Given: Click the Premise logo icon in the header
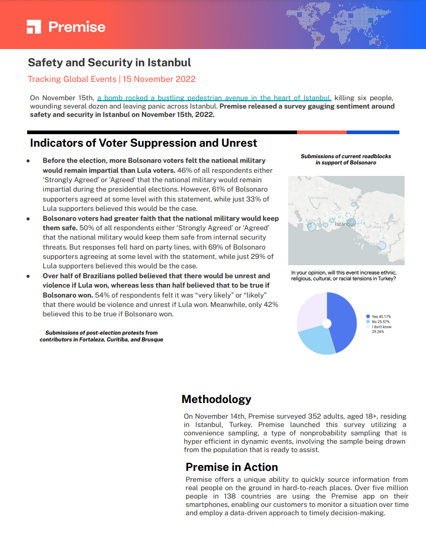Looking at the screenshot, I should click(34, 27).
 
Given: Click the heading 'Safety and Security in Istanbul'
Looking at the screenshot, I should click(109, 63).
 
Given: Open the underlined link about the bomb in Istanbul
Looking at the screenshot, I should click(214, 98).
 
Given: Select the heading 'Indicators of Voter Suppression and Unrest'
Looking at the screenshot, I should click(144, 143).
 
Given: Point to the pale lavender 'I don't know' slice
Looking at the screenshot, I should click(311, 311).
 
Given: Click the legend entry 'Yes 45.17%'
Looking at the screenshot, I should click(381, 317).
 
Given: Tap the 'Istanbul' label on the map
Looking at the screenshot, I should click(345, 224).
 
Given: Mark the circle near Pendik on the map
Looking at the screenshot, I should click(382, 245).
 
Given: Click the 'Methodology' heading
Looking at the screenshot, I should click(216, 399).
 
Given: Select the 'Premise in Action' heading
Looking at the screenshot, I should click(232, 467).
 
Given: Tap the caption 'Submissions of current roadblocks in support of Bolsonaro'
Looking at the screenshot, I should click(346, 159).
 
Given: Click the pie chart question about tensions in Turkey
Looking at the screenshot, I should click(344, 276).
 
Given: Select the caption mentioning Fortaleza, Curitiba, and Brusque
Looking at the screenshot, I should click(101, 336).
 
